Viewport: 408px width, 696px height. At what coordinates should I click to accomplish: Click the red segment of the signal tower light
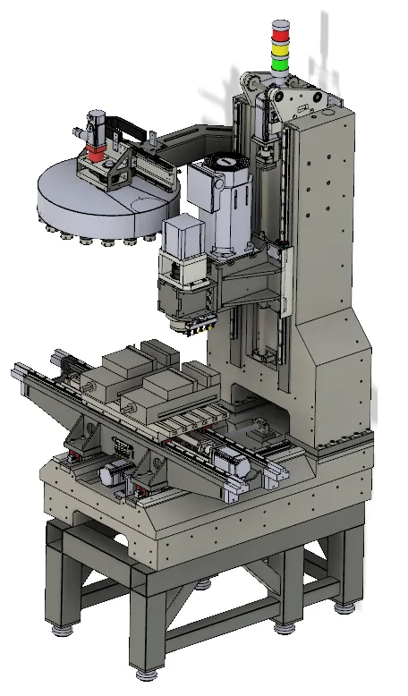pyautogui.click(x=280, y=38)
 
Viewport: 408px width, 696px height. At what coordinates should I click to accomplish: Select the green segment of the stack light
pyautogui.click(x=280, y=64)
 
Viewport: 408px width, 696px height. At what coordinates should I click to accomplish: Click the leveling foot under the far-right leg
pyautogui.click(x=344, y=610)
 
